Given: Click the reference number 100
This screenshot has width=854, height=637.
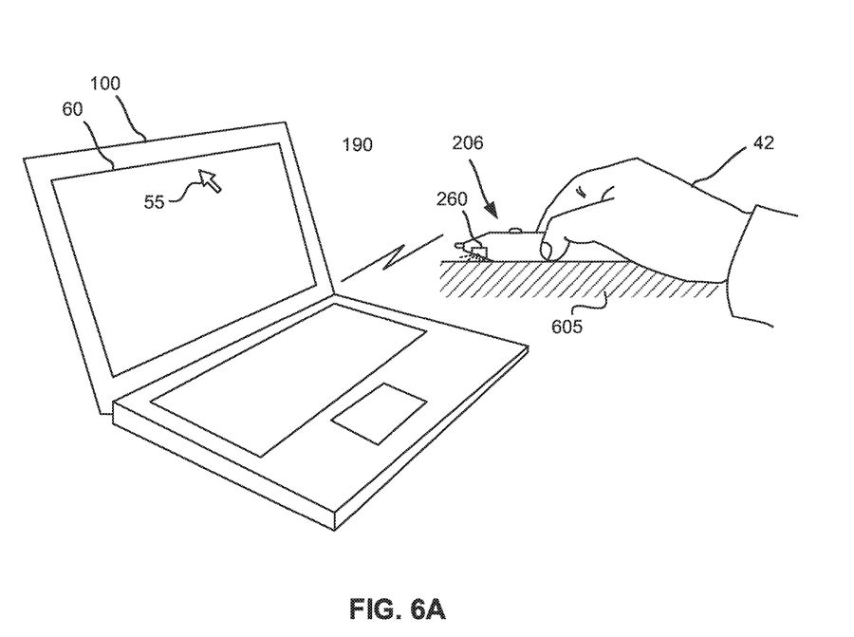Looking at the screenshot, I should [x=107, y=84].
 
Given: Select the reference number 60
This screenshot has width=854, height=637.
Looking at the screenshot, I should [x=72, y=109].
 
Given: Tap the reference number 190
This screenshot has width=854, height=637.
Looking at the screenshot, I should [x=357, y=144].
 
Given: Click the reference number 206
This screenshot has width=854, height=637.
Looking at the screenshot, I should [x=468, y=143].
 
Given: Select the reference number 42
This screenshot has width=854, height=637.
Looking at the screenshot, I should [x=763, y=143].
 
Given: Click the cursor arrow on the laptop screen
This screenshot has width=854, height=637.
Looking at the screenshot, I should [x=211, y=179].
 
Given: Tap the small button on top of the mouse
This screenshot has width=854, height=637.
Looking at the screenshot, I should [x=515, y=229].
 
